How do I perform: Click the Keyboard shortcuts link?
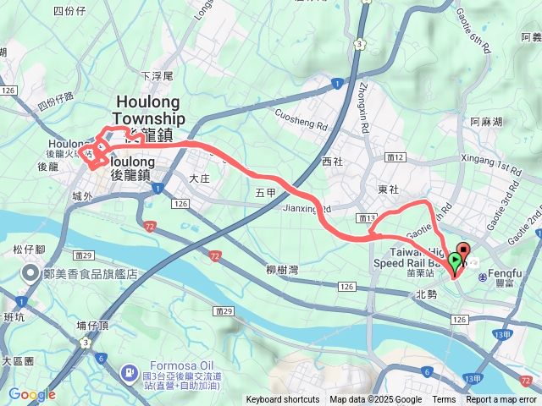pyautogui.click(x=283, y=400)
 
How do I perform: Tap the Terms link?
pyautogui.click(x=444, y=400)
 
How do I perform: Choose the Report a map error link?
pyautogui.click(x=502, y=400)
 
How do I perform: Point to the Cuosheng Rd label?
pyautogui.click(x=301, y=123)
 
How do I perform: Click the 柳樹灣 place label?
pyautogui.click(x=282, y=270)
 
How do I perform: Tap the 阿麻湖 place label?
pyautogui.click(x=487, y=121)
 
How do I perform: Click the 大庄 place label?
pyautogui.click(x=199, y=178)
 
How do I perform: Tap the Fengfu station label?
pyautogui.click(x=504, y=275)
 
